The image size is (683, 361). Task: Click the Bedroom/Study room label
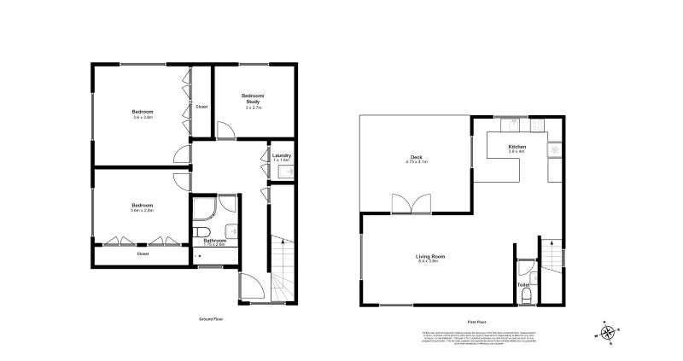253,98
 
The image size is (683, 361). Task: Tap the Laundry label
283,155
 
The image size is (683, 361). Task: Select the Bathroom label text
214,241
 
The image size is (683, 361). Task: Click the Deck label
417,157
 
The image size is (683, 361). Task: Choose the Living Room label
430,256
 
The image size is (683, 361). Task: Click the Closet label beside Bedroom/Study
201,107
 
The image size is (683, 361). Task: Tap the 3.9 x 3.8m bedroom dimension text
143,118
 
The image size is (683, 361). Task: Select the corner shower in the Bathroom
203,210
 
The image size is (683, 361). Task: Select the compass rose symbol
607,333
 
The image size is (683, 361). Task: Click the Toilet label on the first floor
523,285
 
